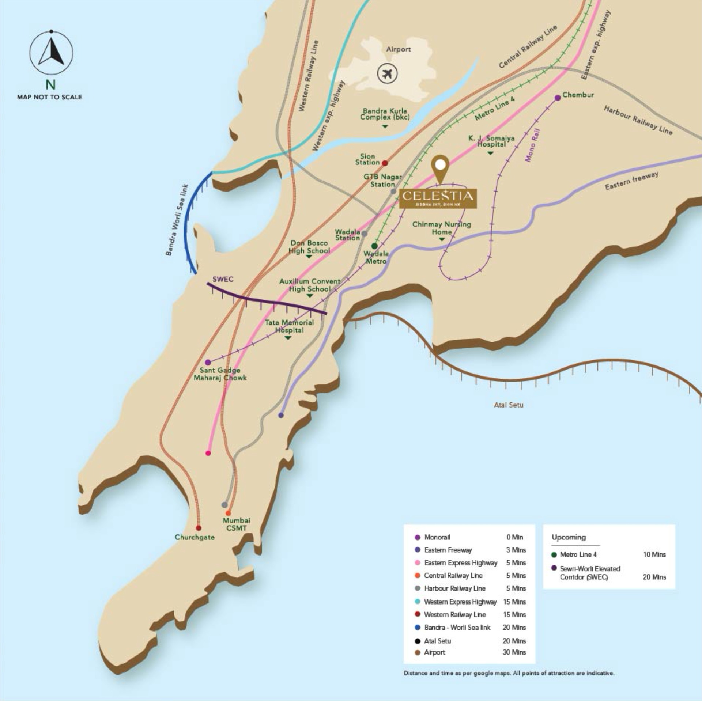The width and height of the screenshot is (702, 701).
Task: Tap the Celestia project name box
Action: point(438,198)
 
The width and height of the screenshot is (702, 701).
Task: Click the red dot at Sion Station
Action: point(385,163)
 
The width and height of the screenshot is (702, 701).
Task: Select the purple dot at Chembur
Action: point(558,98)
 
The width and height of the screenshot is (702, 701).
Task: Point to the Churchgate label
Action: point(195,537)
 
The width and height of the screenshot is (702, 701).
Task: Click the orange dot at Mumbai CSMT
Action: point(228,513)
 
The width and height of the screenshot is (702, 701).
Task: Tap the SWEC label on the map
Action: point(223,279)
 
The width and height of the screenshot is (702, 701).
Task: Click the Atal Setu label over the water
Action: point(508,405)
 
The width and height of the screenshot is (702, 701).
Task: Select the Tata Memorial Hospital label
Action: point(289,326)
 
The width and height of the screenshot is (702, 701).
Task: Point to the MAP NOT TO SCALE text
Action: point(49,97)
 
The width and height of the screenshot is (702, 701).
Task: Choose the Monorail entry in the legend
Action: point(437,537)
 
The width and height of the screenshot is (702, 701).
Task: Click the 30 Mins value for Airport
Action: point(514,652)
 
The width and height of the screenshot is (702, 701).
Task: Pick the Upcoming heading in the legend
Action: point(569,537)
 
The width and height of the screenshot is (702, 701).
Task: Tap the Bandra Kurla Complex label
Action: point(385,114)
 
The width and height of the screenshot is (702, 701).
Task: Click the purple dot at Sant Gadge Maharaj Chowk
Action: point(208,362)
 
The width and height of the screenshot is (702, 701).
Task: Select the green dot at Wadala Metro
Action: point(374,246)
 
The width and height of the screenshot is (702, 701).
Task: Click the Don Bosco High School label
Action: point(309,247)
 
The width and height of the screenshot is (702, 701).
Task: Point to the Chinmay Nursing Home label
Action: point(442,228)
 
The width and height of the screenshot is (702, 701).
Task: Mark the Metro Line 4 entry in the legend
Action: point(578,554)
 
